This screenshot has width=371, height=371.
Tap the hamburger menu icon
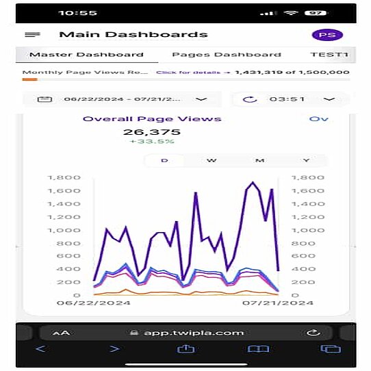(32, 34)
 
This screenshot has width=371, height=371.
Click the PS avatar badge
(327, 35)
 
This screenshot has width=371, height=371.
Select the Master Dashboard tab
(86, 55)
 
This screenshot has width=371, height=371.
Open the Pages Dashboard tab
(226, 55)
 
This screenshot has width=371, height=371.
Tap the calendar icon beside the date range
(44, 99)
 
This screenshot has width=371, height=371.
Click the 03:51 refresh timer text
(286, 99)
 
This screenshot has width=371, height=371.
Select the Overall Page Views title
(152, 118)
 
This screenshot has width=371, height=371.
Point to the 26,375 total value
(151, 132)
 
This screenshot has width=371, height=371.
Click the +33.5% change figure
(151, 142)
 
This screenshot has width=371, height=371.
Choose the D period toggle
(164, 160)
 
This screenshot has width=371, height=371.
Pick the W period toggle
(212, 160)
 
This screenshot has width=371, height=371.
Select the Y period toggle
(306, 160)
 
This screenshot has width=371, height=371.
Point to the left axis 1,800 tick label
(64, 178)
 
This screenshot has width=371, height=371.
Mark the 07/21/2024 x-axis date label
(283, 303)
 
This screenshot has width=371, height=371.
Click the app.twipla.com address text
(193, 333)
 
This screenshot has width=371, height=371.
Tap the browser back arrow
(40, 349)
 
